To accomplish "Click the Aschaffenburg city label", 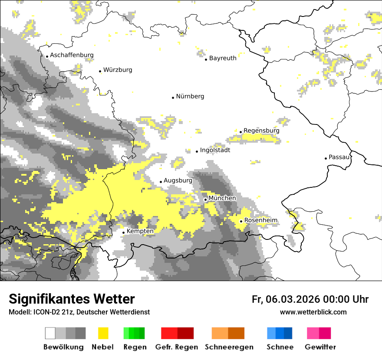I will click(x=72, y=55).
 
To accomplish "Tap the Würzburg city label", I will click(x=118, y=70).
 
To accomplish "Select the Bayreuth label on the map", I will click(x=223, y=58).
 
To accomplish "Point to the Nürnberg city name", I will click(x=190, y=96).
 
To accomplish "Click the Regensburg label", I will click(x=261, y=131).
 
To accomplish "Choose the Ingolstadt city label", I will click(x=215, y=150).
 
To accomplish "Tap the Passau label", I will click(x=339, y=157).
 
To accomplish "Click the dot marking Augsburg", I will click(x=161, y=182).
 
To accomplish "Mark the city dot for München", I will click(x=205, y=200).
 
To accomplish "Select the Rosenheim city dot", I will click(x=241, y=221).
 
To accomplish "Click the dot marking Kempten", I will click(x=123, y=232).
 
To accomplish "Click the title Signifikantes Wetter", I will click(x=72, y=299).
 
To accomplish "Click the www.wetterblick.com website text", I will click(x=313, y=312).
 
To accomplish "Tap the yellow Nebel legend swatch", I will click(x=103, y=333).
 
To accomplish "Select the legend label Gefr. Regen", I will click(x=176, y=347).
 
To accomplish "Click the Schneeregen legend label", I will click(x=229, y=347).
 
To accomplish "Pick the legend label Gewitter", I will click(x=320, y=347).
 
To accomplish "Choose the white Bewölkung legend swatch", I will click(x=50, y=333).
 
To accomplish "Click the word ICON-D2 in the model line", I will click(x=43, y=312).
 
